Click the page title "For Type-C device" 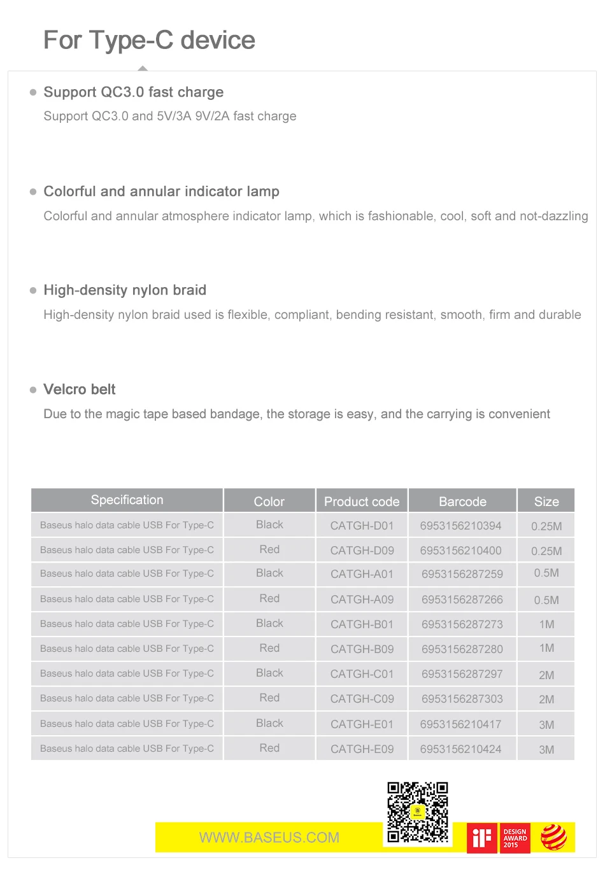149,40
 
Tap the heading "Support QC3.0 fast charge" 133,92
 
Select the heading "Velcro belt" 80,390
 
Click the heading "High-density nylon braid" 125,290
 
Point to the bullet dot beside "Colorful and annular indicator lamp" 33,192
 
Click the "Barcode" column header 462,502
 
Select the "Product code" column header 362,502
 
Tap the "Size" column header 546,502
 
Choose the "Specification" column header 127,500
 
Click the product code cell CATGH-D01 362,526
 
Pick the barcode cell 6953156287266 462,600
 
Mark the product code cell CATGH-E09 362,749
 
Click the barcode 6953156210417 460,724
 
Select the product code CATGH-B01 362,624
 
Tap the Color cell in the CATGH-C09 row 269,698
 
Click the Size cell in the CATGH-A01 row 546,573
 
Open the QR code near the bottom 418,813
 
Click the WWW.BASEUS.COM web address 269,838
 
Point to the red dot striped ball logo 553,838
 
